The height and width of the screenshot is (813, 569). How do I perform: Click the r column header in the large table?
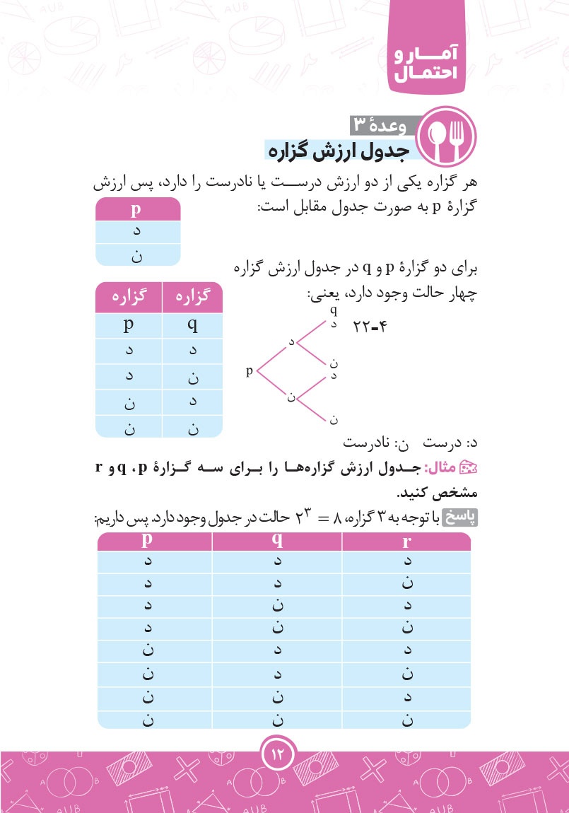coord(406,542)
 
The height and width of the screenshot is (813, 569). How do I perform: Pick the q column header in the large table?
coord(277,541)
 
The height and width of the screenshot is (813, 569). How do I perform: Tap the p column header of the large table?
coord(148,541)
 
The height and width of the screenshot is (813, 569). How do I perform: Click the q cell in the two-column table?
coord(193,326)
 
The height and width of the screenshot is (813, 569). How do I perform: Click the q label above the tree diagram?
coord(334,309)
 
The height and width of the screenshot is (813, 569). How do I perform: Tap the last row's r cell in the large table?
coord(406,720)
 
